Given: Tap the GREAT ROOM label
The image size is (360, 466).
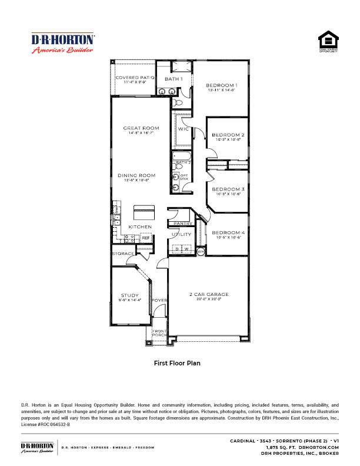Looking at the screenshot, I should pyautogui.click(x=141, y=128).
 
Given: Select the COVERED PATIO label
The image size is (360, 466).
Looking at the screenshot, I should pyautogui.click(x=135, y=78).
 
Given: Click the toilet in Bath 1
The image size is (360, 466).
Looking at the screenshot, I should pyautogui.click(x=179, y=102).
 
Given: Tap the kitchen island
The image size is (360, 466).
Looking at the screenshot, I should pyautogui.click(x=144, y=211).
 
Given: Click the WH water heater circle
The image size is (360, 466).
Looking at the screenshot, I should pyautogui.click(x=200, y=251).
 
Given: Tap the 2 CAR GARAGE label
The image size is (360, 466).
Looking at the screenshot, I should pyautogui.click(x=209, y=294).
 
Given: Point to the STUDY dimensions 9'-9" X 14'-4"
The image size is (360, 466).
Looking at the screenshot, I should pyautogui.click(x=131, y=300).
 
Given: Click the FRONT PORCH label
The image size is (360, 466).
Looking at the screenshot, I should pyautogui.click(x=159, y=334).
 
